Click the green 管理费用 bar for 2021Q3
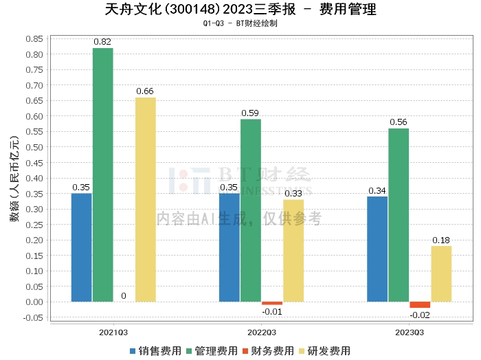click(x=103, y=175)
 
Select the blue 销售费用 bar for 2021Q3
click(x=82, y=247)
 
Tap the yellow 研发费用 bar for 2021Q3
click(x=146, y=199)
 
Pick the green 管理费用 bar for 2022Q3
click(x=251, y=210)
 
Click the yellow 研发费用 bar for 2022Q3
click(x=293, y=250)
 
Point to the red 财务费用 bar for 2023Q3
click(x=420, y=304)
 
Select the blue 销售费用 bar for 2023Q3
click(x=377, y=249)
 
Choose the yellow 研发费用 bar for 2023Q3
click(x=441, y=273)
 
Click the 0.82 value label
click(x=102, y=42)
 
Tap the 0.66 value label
click(x=145, y=91)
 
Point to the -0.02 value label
click(x=419, y=315)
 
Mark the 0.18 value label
click(x=441, y=240)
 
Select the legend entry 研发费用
click(x=326, y=351)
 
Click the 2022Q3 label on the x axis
click(x=262, y=331)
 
